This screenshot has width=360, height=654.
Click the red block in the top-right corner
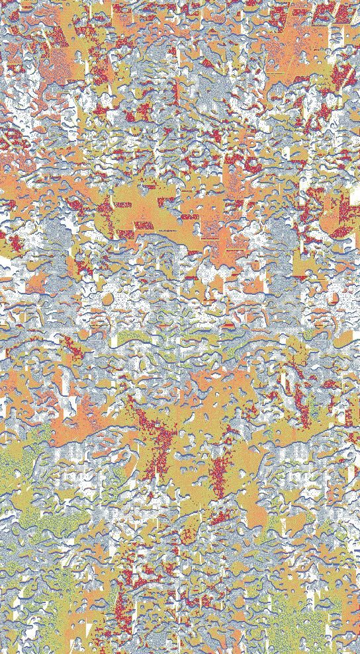[x=344, y=13]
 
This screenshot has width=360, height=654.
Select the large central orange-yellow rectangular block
[x=149, y=212]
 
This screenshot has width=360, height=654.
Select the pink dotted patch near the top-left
[x=56, y=66]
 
